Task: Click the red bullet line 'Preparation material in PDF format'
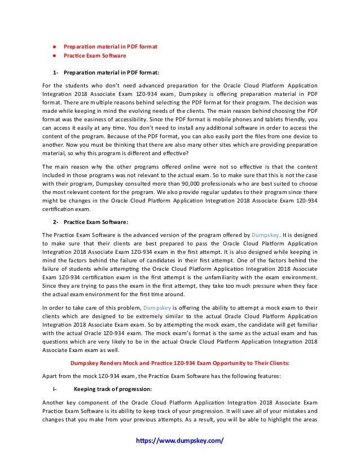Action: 110,46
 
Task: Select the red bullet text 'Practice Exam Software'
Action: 95,56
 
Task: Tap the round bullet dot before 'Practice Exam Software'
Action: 52,56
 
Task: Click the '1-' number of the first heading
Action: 55,72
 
